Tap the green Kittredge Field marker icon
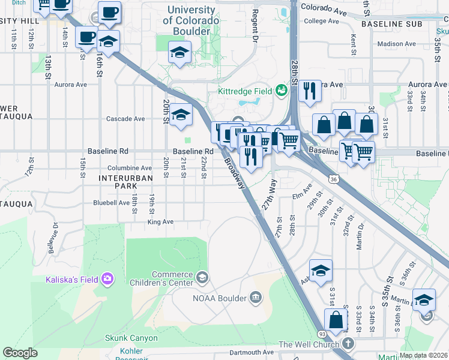point(281,91)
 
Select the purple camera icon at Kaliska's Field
point(107,278)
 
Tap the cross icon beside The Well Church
point(348,344)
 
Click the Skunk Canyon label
point(131,338)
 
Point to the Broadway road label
point(235,173)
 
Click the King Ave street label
point(160,222)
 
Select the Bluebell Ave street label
point(112,203)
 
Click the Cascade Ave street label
point(125,119)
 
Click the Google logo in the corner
point(20,353)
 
